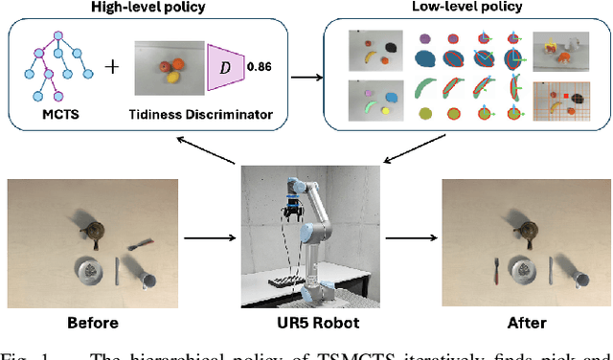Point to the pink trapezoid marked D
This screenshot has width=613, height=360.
tap(223, 68)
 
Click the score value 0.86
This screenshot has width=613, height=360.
tap(260, 68)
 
